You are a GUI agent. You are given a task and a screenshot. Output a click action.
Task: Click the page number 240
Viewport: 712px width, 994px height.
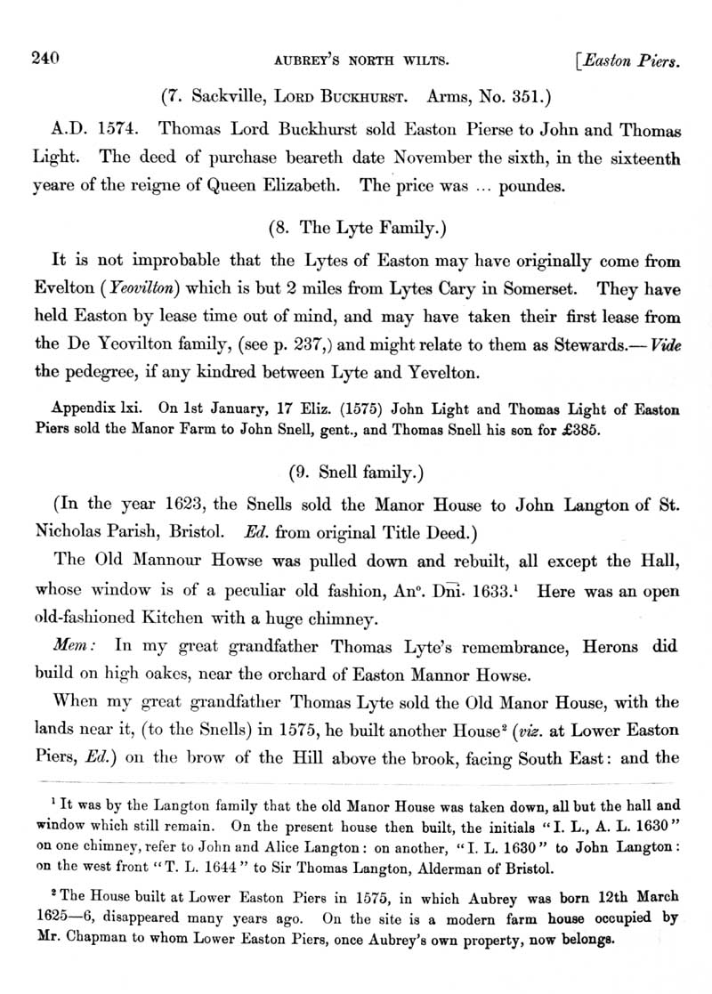pyautogui.click(x=44, y=59)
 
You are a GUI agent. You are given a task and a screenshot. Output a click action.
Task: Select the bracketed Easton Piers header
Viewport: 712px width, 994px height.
pyautogui.click(x=631, y=61)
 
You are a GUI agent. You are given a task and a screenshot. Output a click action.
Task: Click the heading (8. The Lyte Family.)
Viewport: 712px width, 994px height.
pyautogui.click(x=356, y=227)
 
